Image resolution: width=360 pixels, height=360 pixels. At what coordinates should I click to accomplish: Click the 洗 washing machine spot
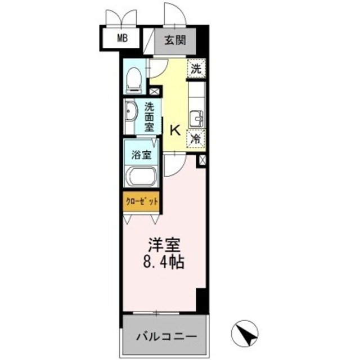196,69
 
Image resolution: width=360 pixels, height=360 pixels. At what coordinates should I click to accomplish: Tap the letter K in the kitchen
175,130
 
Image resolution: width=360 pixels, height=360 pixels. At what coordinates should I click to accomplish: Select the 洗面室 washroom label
149,116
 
